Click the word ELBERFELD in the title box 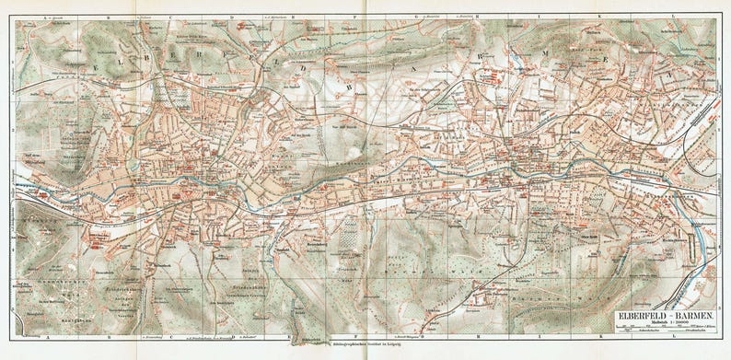641,316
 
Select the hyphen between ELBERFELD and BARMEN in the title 670,316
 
